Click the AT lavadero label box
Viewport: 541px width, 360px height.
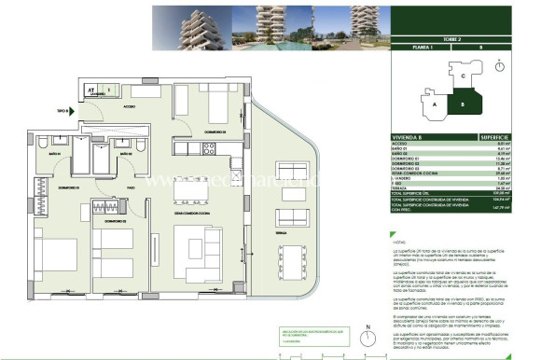(92, 91)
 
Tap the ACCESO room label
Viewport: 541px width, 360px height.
(130, 106)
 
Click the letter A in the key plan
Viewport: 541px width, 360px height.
(434, 105)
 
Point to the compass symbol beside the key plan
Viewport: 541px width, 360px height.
(501, 66)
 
